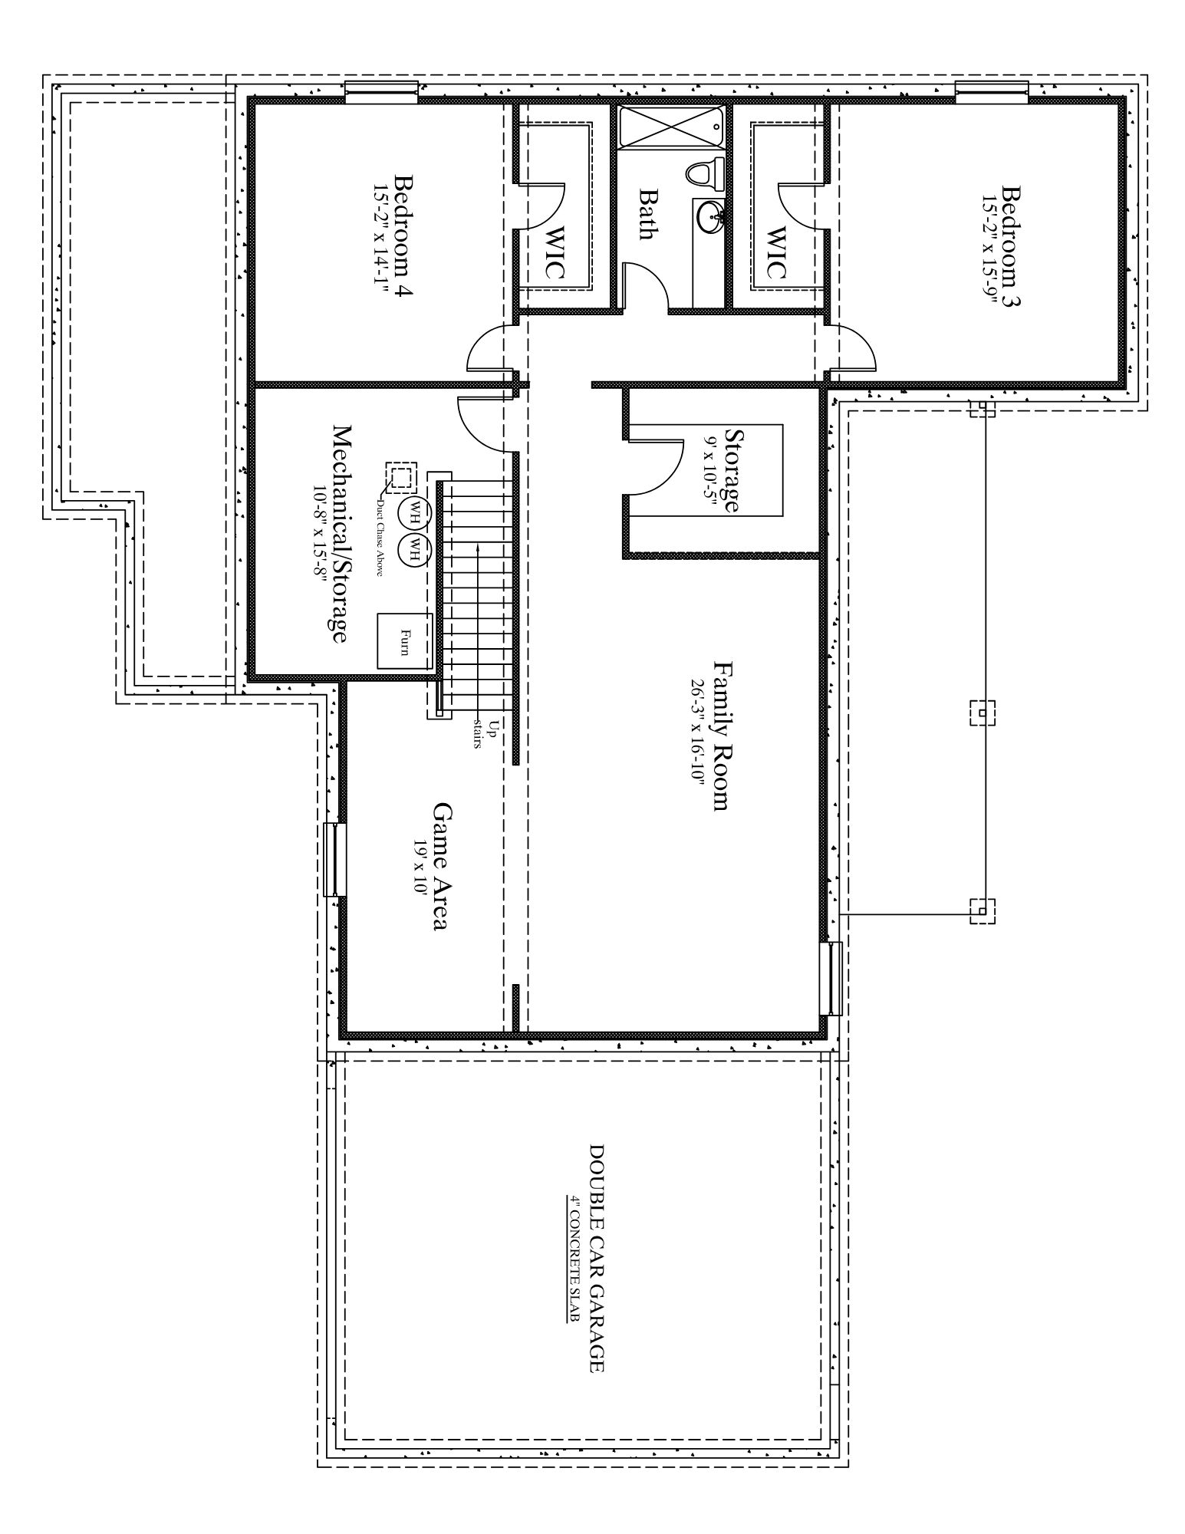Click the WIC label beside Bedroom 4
point(555,252)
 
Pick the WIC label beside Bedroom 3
point(775,252)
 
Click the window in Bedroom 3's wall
point(992,91)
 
